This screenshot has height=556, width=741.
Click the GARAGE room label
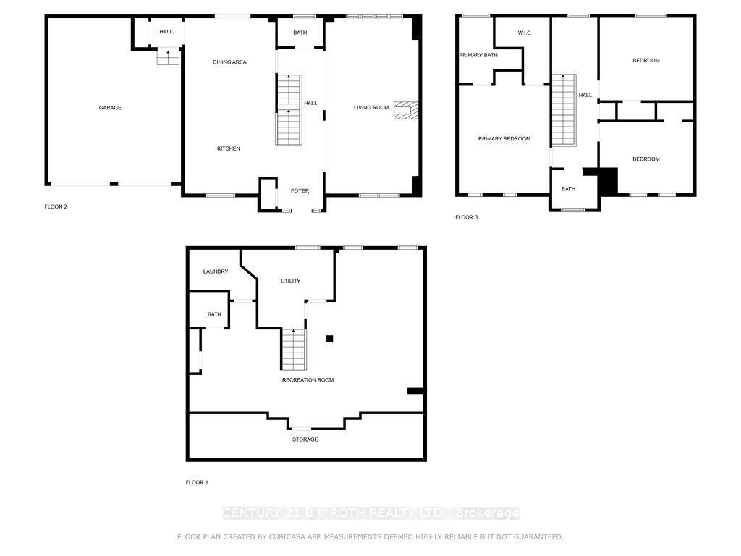(110, 108)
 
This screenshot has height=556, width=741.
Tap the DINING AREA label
(229, 62)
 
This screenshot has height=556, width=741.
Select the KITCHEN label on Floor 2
(229, 148)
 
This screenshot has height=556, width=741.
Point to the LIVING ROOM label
(371, 108)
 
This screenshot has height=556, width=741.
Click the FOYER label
(300, 191)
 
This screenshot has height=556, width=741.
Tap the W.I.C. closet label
(525, 33)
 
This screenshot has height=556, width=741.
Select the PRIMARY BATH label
(478, 55)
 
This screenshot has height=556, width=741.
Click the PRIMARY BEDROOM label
(504, 139)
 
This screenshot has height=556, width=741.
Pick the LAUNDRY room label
(216, 272)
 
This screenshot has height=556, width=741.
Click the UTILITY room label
(290, 282)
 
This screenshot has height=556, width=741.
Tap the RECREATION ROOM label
(308, 380)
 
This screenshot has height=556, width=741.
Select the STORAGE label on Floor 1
(305, 439)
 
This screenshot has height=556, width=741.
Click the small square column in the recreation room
(329, 338)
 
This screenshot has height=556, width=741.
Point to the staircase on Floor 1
(293, 348)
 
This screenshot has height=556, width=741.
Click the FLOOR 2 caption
(56, 207)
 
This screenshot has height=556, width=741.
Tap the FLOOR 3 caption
(466, 217)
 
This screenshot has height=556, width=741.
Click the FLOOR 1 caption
(197, 482)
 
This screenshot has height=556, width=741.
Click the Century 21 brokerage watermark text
(370, 513)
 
